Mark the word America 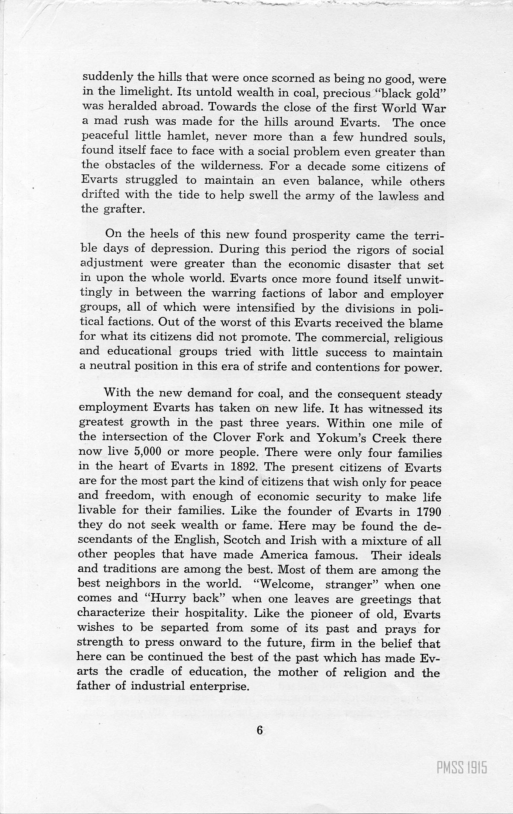coord(284,555)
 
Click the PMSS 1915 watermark coord(461,769)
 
